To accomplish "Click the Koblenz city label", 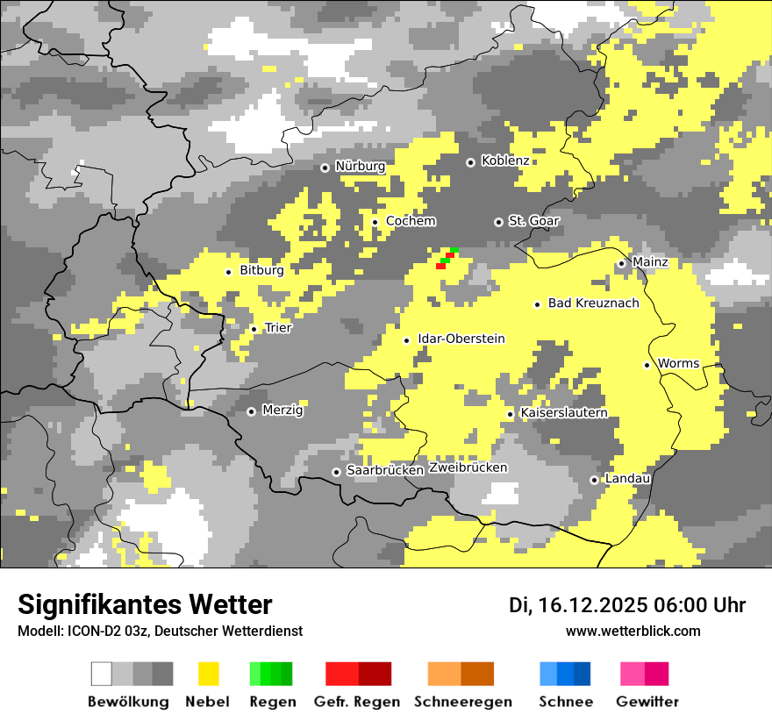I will coord(505,161).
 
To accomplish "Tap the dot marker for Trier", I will coord(254,329).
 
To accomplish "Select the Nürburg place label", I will coord(361,167).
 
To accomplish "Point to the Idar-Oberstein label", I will coord(461,339).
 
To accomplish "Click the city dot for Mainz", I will coord(621,263).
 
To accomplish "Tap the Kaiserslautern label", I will coord(563,413).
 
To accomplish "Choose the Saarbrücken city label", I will coord(385,471).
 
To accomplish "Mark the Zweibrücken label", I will coord(468,468).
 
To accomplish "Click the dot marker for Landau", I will coord(594,480).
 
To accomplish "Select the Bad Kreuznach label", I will coord(593,303).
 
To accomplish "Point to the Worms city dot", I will coord(647,365).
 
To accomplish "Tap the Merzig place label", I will coord(282,410).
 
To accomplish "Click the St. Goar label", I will coord(533,221).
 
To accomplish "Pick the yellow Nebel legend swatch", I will coord(209,674).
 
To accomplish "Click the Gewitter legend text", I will coord(647,702).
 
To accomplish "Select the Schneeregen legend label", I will coord(462,702).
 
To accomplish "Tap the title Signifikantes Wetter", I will coord(145,605).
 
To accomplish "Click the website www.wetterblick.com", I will coord(633,632).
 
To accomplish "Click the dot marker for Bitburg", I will coord(228,272).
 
